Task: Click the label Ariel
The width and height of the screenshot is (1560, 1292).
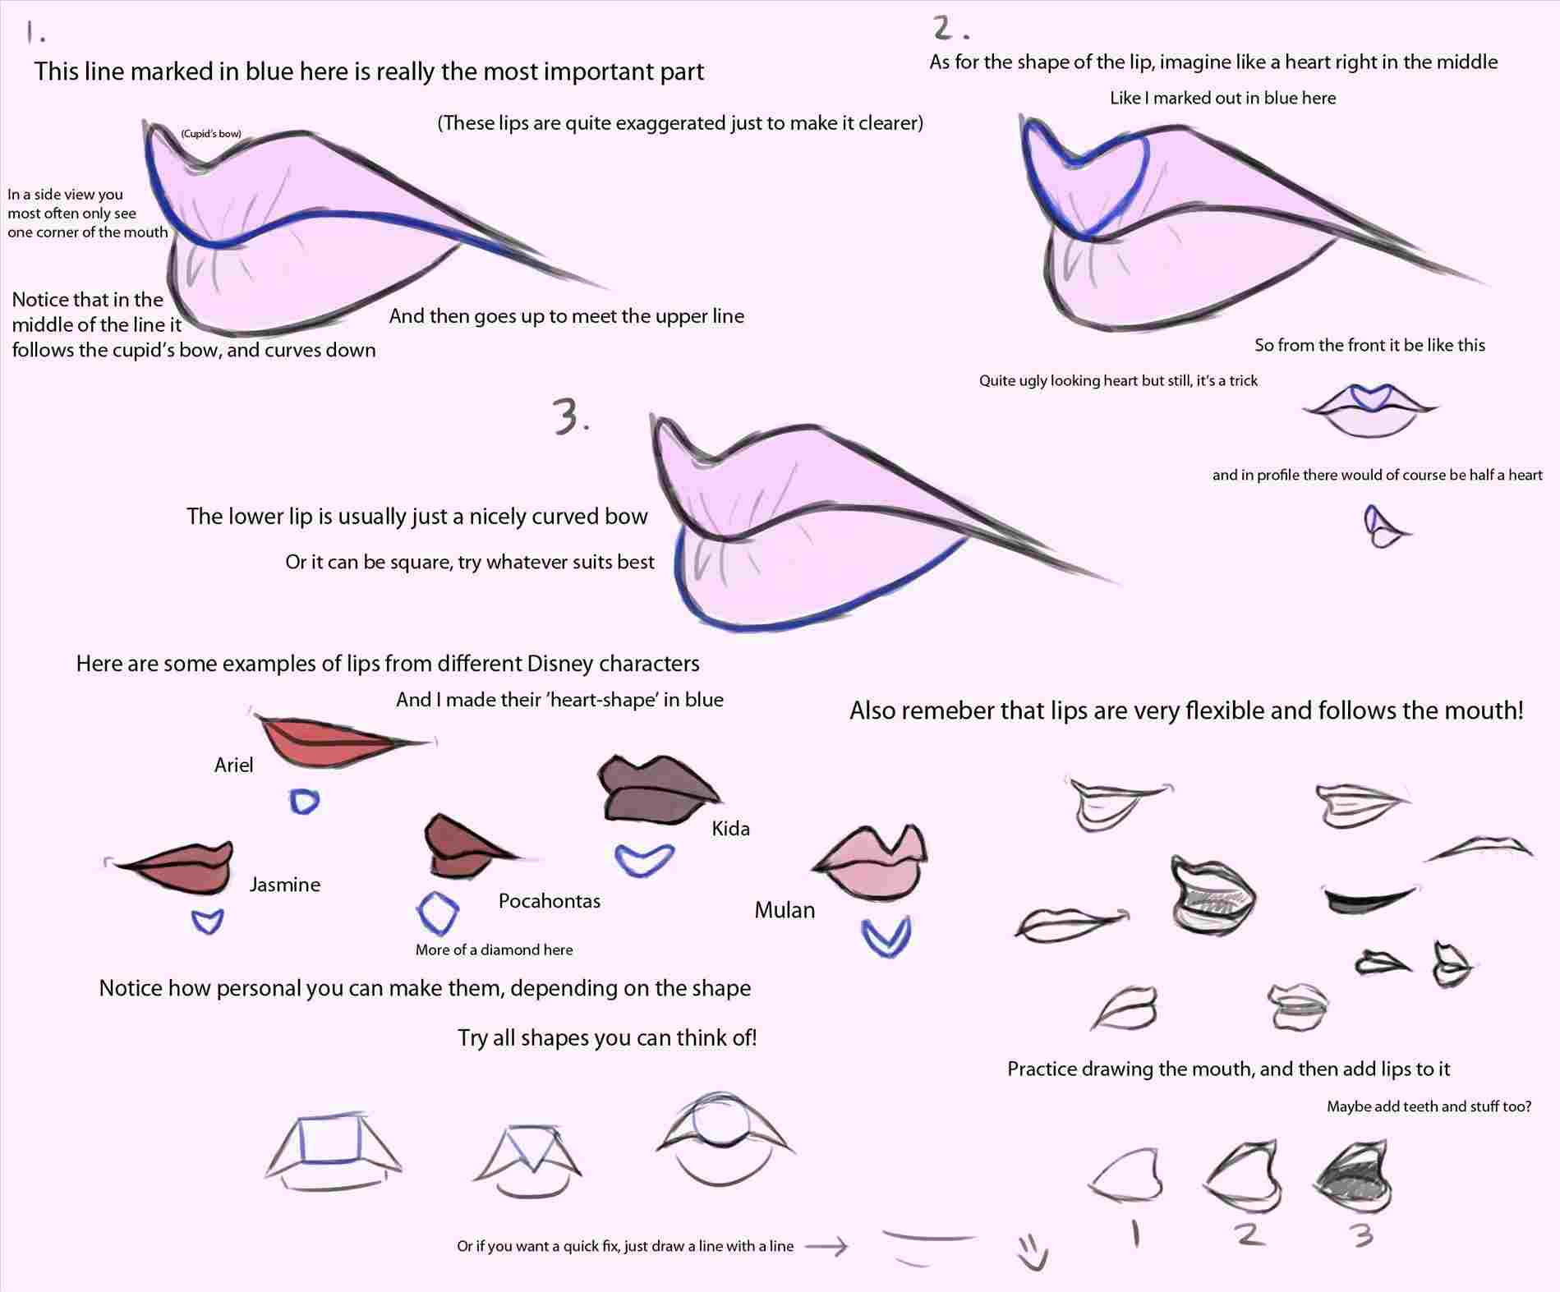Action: tap(233, 766)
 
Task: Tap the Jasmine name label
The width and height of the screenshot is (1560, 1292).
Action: tap(284, 885)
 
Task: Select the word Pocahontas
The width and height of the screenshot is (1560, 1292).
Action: tap(549, 901)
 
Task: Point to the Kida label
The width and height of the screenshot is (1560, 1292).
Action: tap(730, 829)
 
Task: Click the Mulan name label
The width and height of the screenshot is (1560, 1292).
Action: tap(785, 910)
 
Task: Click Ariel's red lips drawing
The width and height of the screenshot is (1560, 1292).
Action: tap(337, 742)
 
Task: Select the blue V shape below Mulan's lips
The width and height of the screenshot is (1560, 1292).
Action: tap(886, 937)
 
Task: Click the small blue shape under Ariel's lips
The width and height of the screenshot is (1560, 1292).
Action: tap(304, 801)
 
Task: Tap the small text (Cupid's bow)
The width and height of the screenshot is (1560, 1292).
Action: tap(211, 134)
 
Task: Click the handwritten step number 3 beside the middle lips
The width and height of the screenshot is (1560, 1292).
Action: tap(571, 416)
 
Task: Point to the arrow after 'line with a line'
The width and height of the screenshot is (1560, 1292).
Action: tap(826, 1247)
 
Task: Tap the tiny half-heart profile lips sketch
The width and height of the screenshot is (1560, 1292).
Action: tap(1384, 526)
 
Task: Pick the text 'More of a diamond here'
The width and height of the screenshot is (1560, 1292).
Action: tap(494, 950)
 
